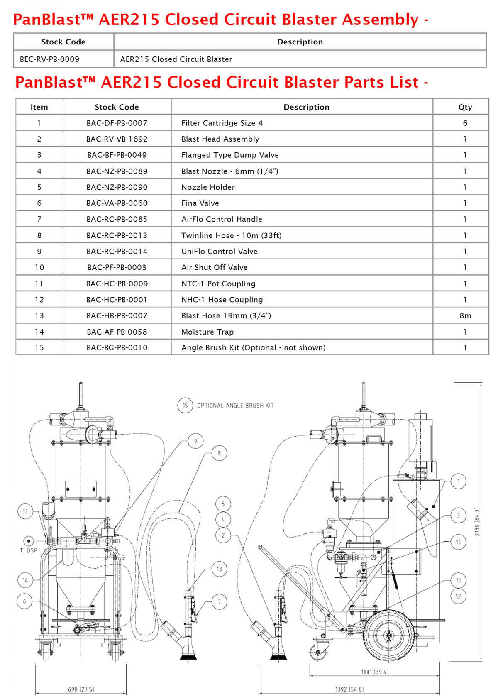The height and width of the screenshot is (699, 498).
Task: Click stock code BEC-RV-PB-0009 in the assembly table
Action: tap(49, 59)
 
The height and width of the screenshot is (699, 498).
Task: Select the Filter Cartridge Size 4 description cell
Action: tap(222, 123)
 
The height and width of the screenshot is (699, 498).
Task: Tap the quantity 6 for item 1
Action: tap(465, 123)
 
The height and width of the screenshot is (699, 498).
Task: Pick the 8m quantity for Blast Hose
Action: tap(465, 315)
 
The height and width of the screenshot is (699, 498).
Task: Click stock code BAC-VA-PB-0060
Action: tap(117, 203)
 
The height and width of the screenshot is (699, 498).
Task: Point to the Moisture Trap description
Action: tap(207, 332)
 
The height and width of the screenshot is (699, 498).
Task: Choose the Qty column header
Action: tap(465, 107)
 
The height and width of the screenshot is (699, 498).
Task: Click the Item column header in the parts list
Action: tap(39, 107)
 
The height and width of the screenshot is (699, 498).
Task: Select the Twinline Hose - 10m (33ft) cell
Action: tap(232, 235)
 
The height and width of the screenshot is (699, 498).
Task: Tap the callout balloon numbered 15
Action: tap(185, 406)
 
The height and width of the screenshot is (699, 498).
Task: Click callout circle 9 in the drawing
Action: tap(195, 441)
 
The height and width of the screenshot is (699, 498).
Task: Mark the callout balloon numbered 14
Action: tap(25, 580)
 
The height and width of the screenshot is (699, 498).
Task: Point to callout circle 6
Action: tap(24, 601)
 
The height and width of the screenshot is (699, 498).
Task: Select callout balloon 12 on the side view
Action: tap(459, 596)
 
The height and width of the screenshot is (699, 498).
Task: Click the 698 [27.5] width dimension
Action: tap(81, 689)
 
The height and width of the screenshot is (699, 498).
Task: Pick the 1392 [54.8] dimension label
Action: tap(349, 689)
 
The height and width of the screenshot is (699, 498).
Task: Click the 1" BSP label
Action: tap(29, 550)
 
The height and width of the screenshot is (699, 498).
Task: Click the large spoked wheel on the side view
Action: tap(389, 635)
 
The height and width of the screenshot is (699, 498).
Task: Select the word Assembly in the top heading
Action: tap(381, 20)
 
